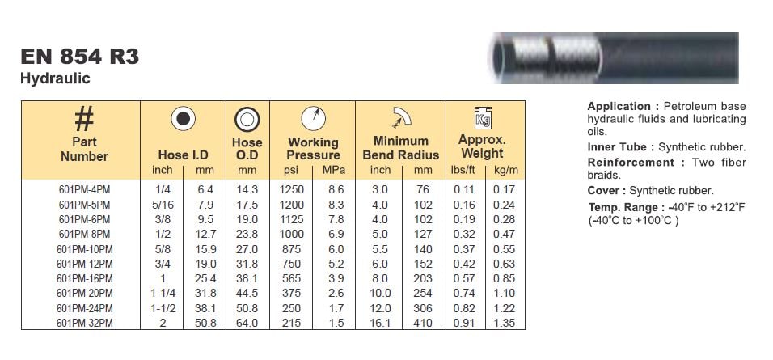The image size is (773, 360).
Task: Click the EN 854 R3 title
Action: pos(80,57)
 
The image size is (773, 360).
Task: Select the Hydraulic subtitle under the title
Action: pos(55,78)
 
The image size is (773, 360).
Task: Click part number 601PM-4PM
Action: pos(84,190)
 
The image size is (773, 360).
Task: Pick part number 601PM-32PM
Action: pos(84,323)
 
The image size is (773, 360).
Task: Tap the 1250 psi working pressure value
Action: pos(291,189)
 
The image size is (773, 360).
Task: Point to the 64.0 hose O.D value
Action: pos(247,323)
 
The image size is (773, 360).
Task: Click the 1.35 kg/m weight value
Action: pos(505,323)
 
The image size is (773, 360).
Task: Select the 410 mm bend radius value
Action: pos(423,323)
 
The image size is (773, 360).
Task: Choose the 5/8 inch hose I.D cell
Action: pos(163,249)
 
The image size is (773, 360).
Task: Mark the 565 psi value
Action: pos(291,278)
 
